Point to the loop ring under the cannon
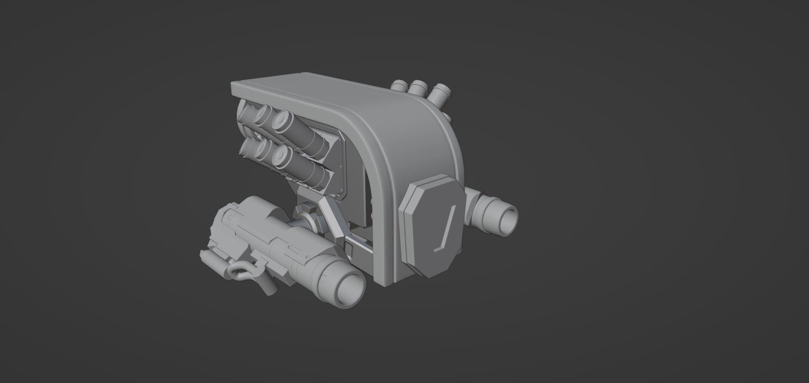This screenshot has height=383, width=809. [x=238, y=271]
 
